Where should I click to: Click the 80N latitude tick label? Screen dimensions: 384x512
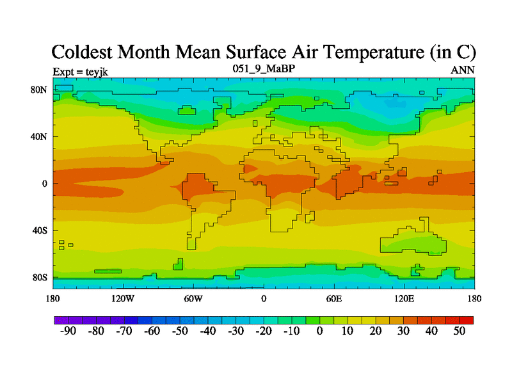[x=40, y=90]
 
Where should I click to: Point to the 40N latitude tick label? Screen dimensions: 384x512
[x=40, y=136]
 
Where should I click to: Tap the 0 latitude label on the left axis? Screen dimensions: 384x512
[x=44, y=184]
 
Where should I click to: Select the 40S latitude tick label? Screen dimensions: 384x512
[x=40, y=230]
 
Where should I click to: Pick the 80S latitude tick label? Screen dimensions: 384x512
[x=40, y=278]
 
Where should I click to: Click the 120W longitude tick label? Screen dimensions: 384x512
[x=122, y=299]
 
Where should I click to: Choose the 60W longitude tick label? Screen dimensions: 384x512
[x=193, y=299]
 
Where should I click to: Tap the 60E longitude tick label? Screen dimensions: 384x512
[x=333, y=299]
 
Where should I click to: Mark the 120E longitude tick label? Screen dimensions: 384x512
[x=404, y=299]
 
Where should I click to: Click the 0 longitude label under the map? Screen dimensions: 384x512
[x=263, y=299]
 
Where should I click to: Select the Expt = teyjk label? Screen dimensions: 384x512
[x=80, y=71]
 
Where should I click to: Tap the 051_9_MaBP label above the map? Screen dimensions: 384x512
[x=263, y=68]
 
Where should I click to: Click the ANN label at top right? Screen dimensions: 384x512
[x=463, y=70]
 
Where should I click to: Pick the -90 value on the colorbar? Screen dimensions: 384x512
[x=67, y=331]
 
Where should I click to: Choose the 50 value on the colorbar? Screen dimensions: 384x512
[x=460, y=331]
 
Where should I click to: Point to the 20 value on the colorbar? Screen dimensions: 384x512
[x=376, y=331]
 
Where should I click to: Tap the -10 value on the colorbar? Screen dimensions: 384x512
[x=291, y=331]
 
